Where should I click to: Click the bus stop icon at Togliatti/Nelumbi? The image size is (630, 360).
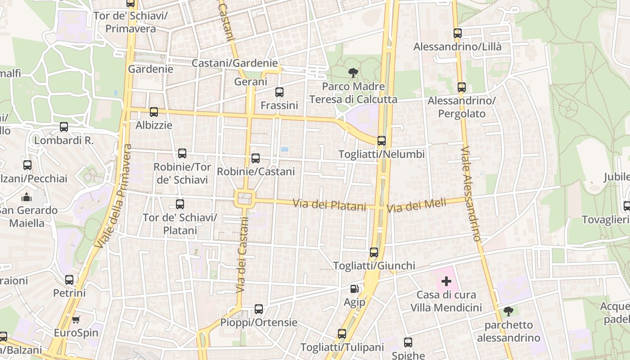tap(382, 141)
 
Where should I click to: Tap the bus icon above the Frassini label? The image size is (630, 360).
tap(279, 92)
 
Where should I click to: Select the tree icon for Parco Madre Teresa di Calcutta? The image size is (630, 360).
tap(353, 72)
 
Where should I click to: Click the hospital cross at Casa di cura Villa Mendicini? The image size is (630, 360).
tap(446, 282)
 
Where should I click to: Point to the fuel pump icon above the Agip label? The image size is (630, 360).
tap(355, 288)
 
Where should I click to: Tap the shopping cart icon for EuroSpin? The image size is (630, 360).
tap(76, 319)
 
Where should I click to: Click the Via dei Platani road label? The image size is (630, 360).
tap(329, 205)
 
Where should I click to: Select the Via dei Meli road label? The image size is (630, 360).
tap(416, 206)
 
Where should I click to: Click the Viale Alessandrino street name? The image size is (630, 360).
tap(471, 193)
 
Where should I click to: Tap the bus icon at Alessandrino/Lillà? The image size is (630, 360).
tap(458, 33)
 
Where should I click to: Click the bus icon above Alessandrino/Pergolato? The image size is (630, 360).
tap(461, 87)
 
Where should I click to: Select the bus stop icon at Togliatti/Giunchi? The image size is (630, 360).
tap(374, 252)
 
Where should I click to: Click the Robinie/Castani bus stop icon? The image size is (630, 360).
tap(256, 158)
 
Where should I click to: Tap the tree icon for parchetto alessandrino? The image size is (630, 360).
tap(508, 311)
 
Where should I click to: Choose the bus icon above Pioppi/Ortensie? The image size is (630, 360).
tap(259, 309)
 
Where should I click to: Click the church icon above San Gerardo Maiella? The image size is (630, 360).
tap(27, 197)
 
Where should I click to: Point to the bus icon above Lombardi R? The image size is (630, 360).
tap(64, 127)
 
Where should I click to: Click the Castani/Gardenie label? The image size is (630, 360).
tap(234, 63)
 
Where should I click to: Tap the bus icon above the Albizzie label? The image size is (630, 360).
tap(154, 112)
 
